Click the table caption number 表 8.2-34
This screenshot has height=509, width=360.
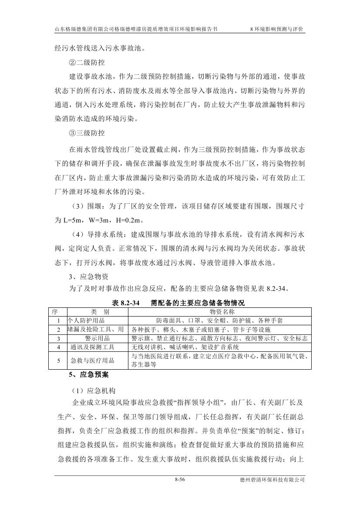[125, 303]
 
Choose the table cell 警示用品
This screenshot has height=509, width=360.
[98, 338]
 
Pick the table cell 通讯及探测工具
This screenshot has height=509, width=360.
[92, 347]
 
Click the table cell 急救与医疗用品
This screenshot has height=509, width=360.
[92, 361]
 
